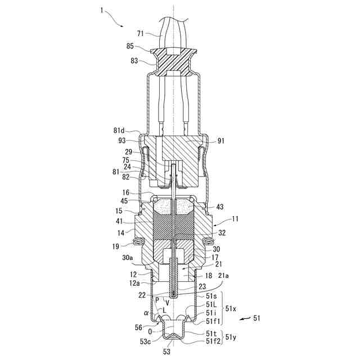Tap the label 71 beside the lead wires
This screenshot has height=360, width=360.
(x=141, y=34)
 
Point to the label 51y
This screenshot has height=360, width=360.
(x=231, y=337)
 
